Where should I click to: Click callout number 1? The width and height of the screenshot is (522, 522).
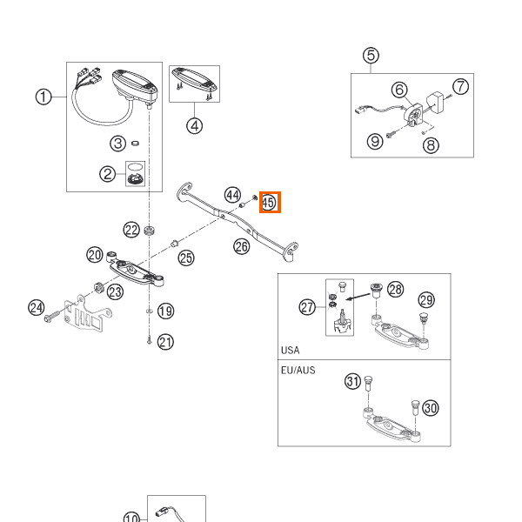click(x=43, y=97)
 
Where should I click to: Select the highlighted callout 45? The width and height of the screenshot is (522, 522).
click(x=270, y=202)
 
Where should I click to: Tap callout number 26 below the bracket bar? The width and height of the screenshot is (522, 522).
click(x=241, y=247)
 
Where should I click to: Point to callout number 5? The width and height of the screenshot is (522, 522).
click(x=371, y=56)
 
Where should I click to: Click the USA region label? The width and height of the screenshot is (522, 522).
click(x=290, y=351)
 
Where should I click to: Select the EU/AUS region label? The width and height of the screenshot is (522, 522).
click(x=298, y=371)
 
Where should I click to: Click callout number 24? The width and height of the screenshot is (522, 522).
click(x=37, y=307)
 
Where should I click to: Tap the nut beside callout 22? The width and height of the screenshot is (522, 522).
click(x=150, y=230)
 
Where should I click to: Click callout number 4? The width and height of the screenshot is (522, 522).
click(x=194, y=126)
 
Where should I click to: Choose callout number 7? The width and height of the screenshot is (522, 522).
click(x=461, y=86)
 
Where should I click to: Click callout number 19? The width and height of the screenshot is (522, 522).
click(x=165, y=311)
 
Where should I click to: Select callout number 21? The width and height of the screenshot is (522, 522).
click(x=165, y=342)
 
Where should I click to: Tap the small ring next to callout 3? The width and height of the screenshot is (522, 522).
click(x=135, y=144)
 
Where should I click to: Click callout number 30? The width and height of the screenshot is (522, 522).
click(x=431, y=408)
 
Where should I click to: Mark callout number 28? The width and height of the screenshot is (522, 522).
click(x=395, y=290)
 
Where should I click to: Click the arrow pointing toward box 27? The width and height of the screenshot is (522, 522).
click(x=358, y=297)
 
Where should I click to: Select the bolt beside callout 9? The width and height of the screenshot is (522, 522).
click(x=391, y=134)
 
